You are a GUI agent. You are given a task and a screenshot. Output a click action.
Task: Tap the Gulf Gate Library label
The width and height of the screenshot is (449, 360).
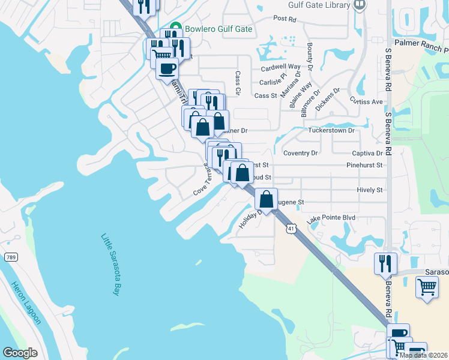pyautogui.click(x=319, y=5)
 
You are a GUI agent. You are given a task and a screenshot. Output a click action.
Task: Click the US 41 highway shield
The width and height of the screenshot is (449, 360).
pyautogui.click(x=291, y=229)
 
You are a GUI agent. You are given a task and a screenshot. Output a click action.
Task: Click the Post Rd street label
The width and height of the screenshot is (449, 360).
pyautogui.click(x=285, y=19)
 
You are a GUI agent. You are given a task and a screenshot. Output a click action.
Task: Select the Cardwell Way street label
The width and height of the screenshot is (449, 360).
pyautogui.click(x=280, y=67)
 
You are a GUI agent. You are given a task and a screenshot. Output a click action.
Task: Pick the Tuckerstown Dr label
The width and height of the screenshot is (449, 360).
pyautogui.click(x=331, y=130)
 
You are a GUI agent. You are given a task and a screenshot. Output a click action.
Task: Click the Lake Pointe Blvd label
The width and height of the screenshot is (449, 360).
pyautogui.click(x=331, y=220)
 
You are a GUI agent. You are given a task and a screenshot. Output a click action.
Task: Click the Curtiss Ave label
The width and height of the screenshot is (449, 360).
pyautogui.click(x=366, y=101)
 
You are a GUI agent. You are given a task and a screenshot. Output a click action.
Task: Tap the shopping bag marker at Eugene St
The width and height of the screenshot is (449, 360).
pyautogui.click(x=266, y=199)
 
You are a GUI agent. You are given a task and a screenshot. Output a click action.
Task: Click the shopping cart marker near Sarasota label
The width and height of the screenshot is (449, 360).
pyautogui.click(x=426, y=287)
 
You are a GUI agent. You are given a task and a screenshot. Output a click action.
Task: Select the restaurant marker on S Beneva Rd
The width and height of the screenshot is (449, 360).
pyautogui.click(x=385, y=263)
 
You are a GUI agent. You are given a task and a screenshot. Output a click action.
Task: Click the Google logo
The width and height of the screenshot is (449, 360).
pyautogui.click(x=20, y=353)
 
